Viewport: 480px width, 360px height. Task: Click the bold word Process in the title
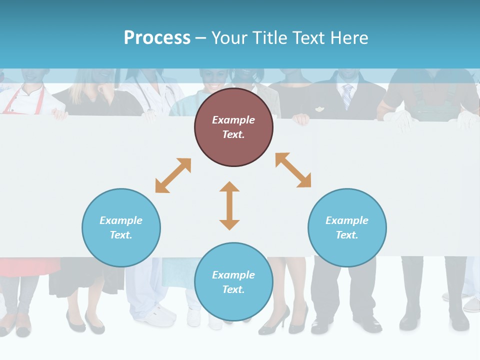coord(157,37)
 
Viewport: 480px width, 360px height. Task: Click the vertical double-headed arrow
coord(229,205)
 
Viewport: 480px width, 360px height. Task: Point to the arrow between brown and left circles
coord(173,175)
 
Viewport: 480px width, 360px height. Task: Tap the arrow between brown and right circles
coord(293,170)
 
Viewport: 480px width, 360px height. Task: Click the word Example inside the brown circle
coord(233,120)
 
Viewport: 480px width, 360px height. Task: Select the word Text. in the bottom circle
coord(233,289)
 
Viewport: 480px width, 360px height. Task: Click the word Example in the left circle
coord(121,220)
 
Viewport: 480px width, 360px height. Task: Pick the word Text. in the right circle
coord(347,235)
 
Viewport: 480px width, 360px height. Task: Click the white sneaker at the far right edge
coord(470,303)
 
